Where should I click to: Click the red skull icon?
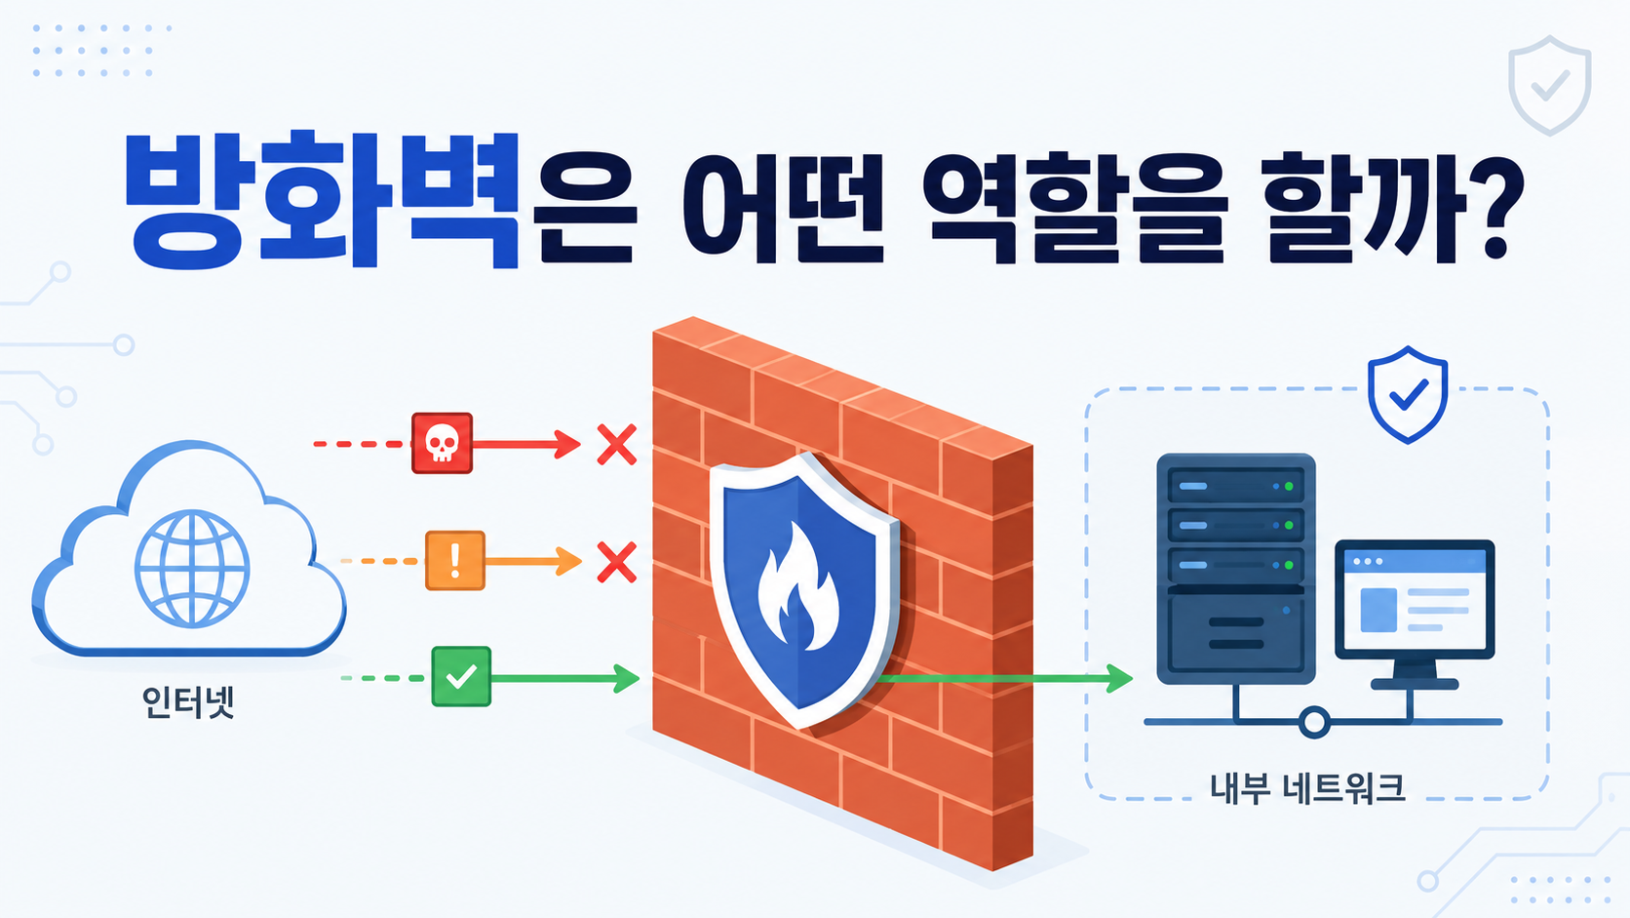[x=442, y=443]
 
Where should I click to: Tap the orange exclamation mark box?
[x=455, y=560]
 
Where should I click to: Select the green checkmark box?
[x=461, y=676]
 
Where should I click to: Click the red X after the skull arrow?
[x=617, y=444]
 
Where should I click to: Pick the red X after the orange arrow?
[x=617, y=562]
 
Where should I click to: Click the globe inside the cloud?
[x=192, y=568]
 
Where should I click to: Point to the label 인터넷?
[x=188, y=702]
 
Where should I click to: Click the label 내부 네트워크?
[x=1307, y=787]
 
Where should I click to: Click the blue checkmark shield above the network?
[x=1408, y=394]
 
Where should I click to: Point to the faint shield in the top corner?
[x=1549, y=85]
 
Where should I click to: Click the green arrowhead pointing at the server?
[x=1119, y=678]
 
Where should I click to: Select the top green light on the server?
[x=1289, y=486]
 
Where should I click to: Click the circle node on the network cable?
[x=1314, y=722]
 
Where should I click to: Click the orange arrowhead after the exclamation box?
[x=569, y=561]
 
